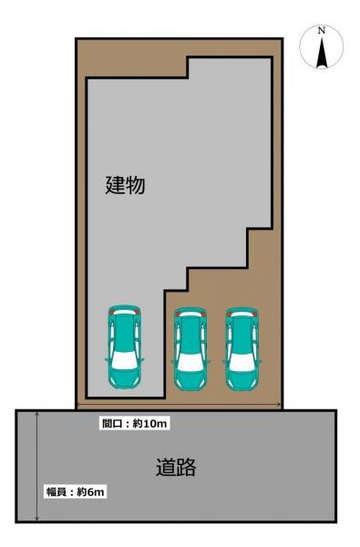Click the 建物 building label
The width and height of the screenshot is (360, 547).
coord(125,186)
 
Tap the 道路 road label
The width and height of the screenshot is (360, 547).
coord(175,469)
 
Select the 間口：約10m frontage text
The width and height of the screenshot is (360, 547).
coord(135,423)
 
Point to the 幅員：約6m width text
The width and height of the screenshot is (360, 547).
coord(77,491)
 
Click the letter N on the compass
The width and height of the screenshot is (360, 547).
coord(321,31)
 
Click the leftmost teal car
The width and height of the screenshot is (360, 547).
coord(123,345)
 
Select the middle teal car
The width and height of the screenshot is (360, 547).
coord(190,349)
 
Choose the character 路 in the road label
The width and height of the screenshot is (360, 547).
coord(186,469)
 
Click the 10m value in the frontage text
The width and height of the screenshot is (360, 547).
coord(157,423)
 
